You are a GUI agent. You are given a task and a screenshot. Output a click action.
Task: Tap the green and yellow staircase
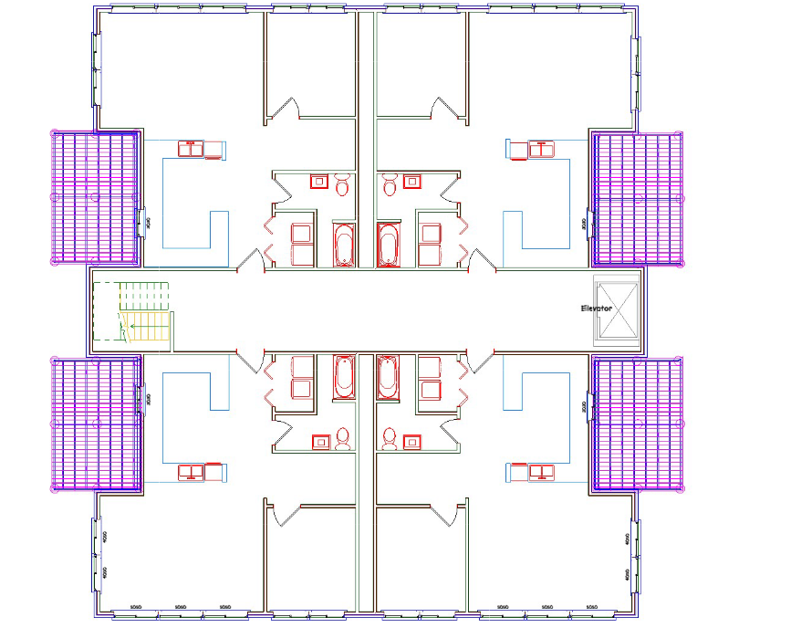point(144,312)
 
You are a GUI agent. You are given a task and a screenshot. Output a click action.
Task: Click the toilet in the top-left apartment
point(342,185)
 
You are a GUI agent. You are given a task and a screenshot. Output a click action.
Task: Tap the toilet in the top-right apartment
point(390,185)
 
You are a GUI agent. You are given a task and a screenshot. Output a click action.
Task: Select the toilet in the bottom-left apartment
point(342,439)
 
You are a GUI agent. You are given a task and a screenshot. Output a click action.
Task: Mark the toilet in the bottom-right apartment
point(390,439)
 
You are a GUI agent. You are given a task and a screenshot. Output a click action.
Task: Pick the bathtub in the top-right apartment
point(388,245)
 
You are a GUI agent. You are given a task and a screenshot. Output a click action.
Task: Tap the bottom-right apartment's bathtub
point(388,376)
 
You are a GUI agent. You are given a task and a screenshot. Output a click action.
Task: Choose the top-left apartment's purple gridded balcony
point(94,196)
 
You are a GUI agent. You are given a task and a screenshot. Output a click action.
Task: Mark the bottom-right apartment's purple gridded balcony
point(638,423)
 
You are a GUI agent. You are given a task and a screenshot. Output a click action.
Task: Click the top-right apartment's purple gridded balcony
point(638,196)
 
